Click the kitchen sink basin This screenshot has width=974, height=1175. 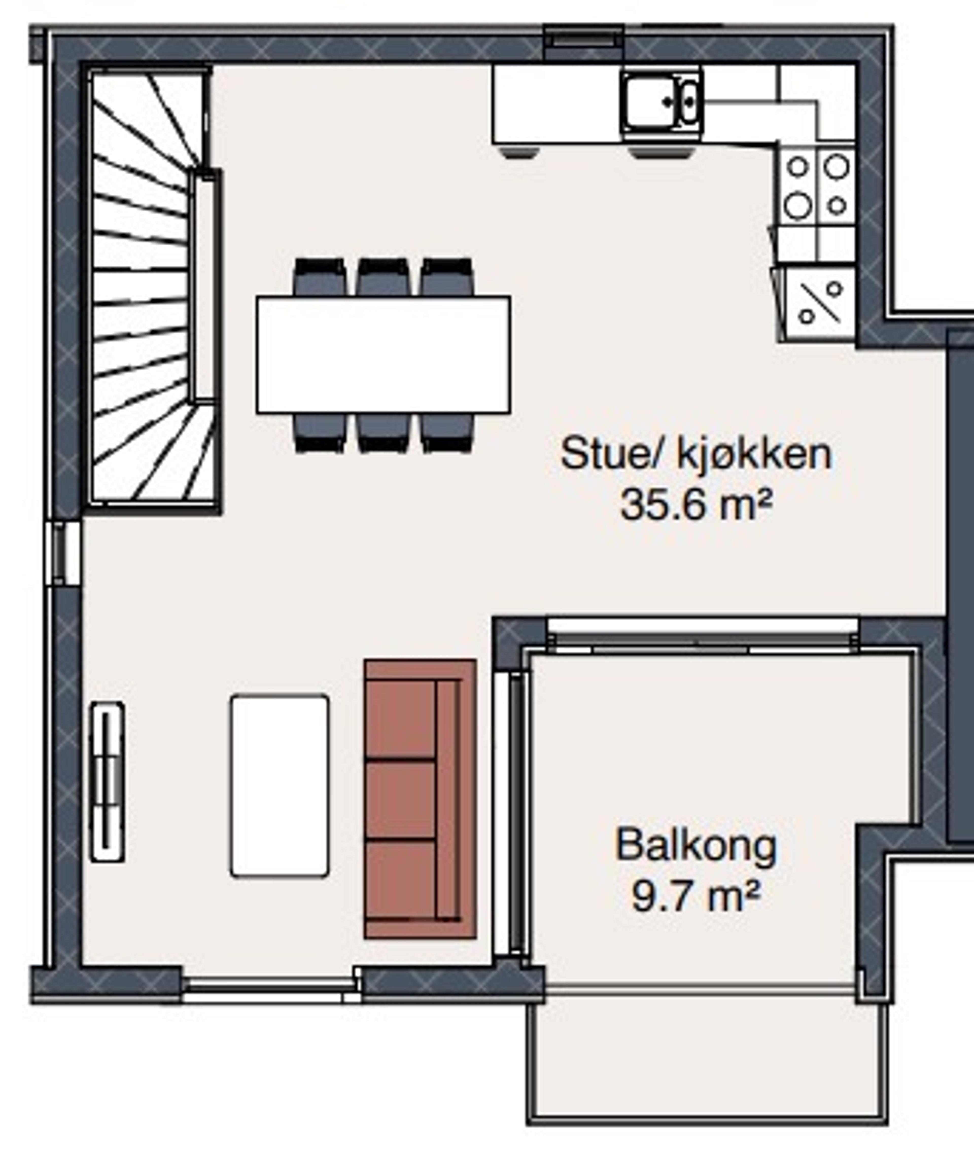point(651,102)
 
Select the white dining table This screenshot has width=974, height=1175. point(384,355)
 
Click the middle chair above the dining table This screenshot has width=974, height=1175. point(384,277)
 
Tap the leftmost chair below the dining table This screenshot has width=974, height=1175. point(320,432)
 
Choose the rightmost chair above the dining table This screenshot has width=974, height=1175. point(447,277)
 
